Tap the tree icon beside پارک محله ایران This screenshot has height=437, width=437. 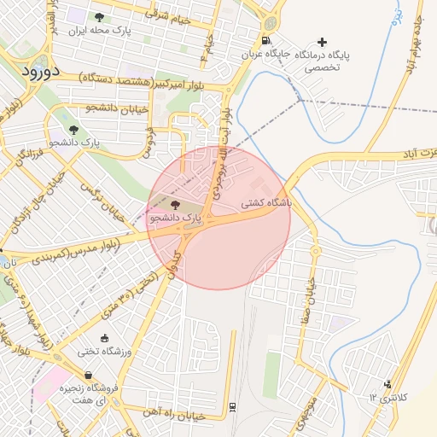click(99, 17)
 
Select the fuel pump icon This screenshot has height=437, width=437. click(266, 40)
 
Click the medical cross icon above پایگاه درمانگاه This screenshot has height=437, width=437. click(322, 42)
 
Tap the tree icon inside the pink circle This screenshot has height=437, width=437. click(176, 204)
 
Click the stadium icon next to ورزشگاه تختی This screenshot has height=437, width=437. click(104, 338)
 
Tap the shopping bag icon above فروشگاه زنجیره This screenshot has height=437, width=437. click(88, 375)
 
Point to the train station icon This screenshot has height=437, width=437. click(233, 407)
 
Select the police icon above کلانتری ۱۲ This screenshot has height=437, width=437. click(387, 385)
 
